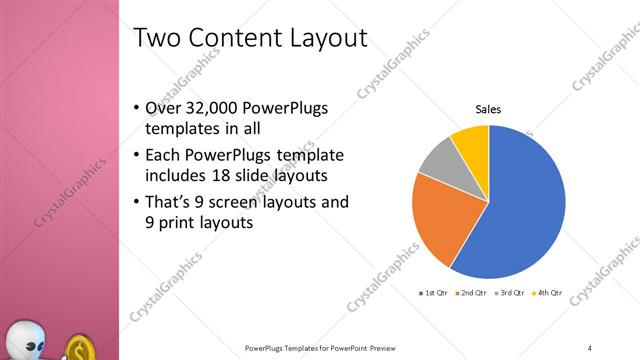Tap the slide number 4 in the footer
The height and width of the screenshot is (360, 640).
590,347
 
